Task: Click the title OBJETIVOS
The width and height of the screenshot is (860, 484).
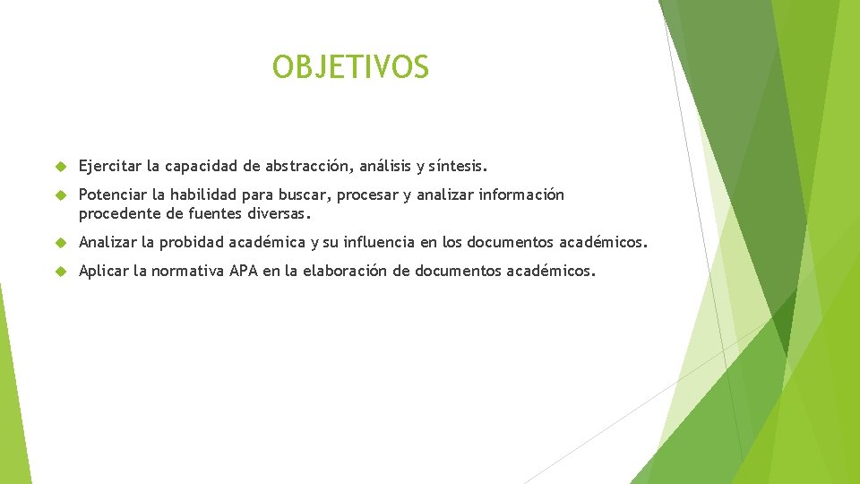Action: (x=350, y=67)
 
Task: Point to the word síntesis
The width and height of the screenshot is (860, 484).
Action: (x=458, y=166)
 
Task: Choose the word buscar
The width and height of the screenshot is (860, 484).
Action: (x=304, y=194)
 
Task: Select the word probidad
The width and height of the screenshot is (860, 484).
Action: (x=192, y=242)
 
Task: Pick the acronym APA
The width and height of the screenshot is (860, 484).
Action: (x=243, y=271)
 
